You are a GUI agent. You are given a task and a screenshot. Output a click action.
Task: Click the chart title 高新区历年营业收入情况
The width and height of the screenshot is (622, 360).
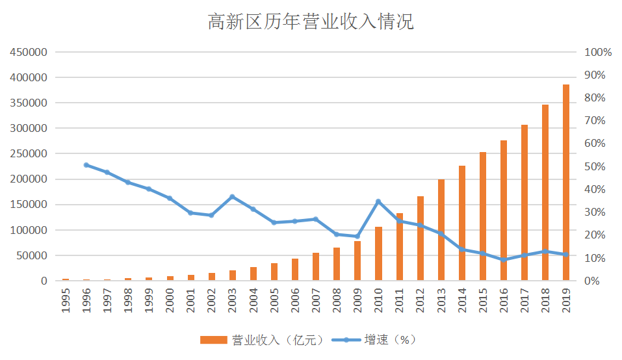pos(311,22)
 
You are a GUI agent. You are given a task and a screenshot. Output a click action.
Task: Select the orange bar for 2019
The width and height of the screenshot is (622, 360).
pos(566,183)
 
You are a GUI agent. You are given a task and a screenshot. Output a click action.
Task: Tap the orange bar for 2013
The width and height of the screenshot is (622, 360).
pos(441,230)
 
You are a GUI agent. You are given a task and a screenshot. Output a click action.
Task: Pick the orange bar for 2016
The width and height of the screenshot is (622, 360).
pos(504,211)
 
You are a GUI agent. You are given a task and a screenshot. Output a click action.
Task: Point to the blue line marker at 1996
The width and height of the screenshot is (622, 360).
pos(86,165)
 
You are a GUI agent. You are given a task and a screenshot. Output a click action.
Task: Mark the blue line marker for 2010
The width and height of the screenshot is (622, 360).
pos(378,201)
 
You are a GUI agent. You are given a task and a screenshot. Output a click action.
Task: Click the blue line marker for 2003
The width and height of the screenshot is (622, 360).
pos(232,197)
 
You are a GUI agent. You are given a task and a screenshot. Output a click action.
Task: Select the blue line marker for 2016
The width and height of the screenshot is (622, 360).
pos(504,259)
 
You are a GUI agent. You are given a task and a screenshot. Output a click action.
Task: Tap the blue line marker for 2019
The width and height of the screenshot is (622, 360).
pos(566,254)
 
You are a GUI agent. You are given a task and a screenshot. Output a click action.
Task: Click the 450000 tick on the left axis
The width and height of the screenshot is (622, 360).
pos(29,52)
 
